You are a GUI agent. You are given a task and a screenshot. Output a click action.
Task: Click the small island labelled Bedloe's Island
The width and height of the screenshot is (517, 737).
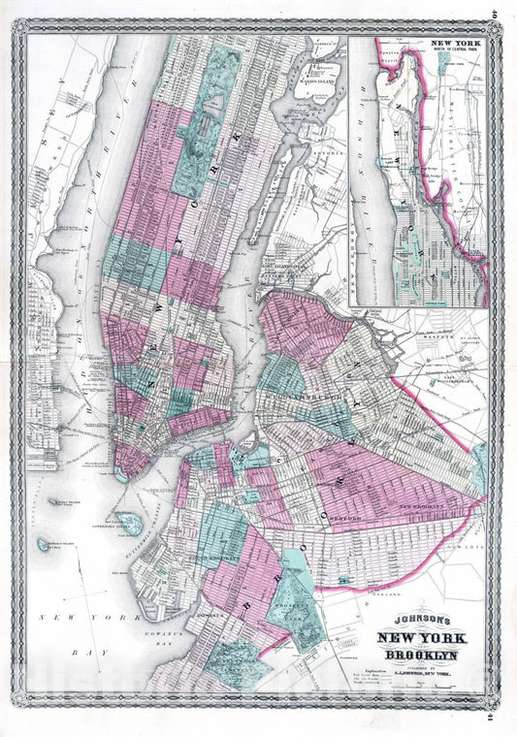[46, 545]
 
